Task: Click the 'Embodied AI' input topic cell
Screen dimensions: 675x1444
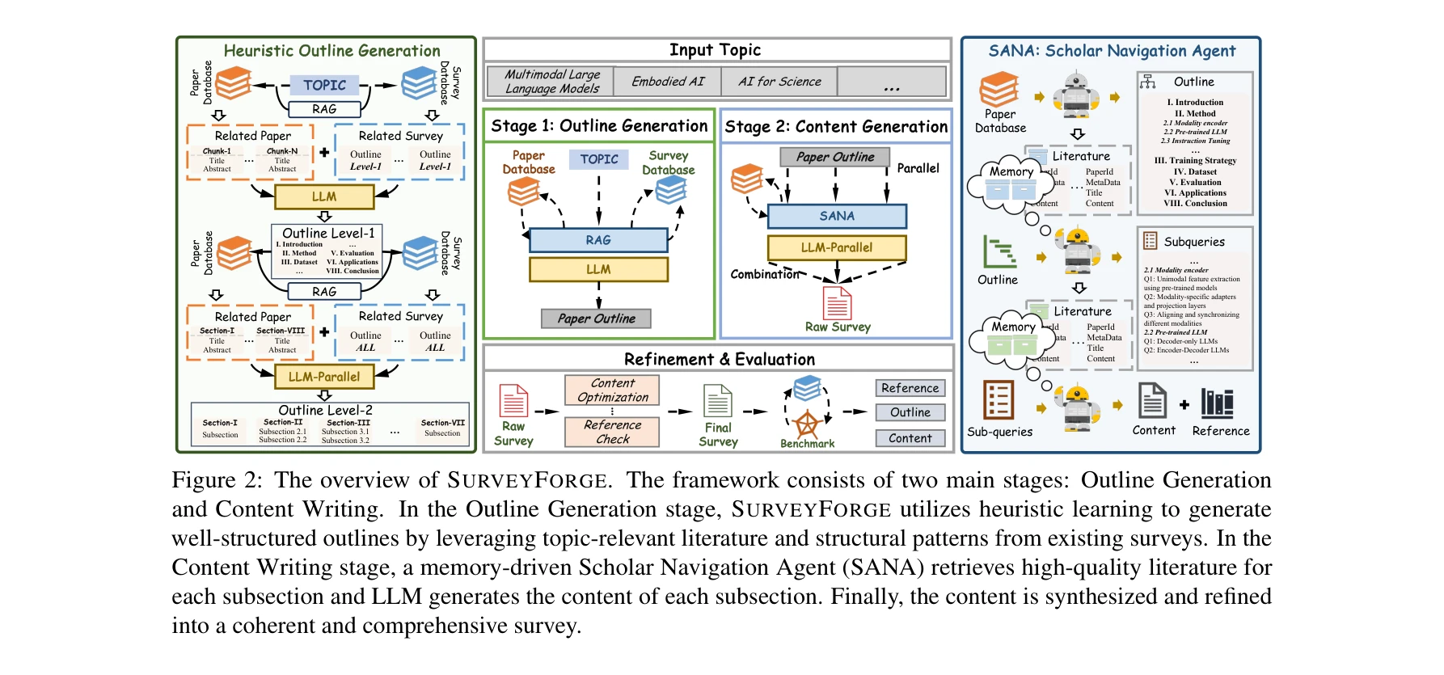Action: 668,82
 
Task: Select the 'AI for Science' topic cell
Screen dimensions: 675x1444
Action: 779,82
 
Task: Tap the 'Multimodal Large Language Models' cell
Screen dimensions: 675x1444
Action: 551,82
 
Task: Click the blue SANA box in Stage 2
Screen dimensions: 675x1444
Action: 837,216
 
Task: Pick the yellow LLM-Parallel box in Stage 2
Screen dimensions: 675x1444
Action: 837,247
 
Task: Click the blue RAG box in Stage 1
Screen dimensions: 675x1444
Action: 598,240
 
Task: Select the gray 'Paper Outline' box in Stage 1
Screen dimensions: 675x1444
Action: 596,319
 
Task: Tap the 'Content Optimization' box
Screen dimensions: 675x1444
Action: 612,390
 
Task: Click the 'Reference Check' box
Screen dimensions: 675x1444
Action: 612,432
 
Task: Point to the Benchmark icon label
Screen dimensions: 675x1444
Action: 807,444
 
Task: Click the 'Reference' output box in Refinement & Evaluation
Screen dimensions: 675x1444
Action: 910,388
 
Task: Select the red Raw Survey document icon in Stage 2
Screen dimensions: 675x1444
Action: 837,303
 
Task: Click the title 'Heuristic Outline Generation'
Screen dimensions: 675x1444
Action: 331,51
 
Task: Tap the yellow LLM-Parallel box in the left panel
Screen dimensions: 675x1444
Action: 324,377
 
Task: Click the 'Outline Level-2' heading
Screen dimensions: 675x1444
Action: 325,410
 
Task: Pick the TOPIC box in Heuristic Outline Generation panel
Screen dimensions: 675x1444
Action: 324,85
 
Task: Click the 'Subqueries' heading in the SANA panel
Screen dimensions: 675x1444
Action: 1194,242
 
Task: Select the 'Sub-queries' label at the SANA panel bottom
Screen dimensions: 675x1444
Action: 999,432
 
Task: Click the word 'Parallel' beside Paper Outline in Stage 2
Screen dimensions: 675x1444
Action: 918,168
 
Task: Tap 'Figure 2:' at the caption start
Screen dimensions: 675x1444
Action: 217,480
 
